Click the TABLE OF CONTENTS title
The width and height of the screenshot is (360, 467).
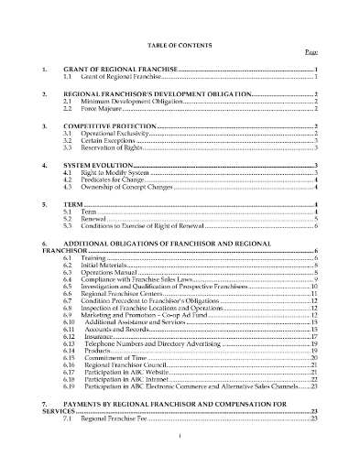(x=180, y=44)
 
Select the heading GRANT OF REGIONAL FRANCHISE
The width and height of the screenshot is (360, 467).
(x=118, y=70)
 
